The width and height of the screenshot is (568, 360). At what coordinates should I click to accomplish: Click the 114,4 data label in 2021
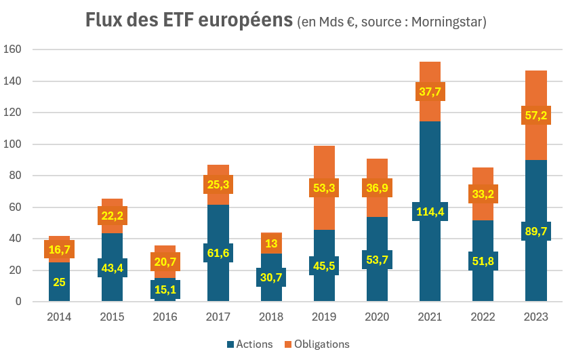[x=430, y=212]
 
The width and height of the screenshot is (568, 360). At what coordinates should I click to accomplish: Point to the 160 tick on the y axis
[x=14, y=49]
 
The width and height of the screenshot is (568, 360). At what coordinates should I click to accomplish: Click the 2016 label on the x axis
[x=165, y=317]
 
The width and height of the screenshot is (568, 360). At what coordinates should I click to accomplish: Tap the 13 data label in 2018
[x=271, y=243]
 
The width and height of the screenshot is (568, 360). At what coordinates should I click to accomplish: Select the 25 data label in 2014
[x=59, y=282]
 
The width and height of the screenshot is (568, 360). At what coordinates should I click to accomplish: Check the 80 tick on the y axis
[x=17, y=176]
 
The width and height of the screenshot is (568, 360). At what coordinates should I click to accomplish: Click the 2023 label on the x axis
[x=535, y=317]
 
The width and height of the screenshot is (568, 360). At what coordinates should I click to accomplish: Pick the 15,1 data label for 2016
[x=165, y=289]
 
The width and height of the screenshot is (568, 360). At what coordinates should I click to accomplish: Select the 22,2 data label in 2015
[x=113, y=216]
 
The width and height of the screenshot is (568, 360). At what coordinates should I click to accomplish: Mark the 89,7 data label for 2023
[x=535, y=231]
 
